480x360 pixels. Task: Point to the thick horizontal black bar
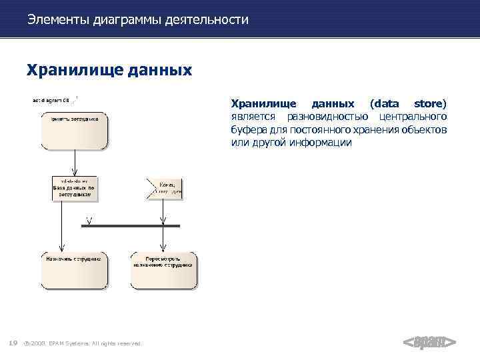[130, 226]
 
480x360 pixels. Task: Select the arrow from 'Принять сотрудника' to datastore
[75, 162]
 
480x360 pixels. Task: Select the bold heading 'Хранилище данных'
[109, 69]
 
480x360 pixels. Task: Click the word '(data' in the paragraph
[385, 104]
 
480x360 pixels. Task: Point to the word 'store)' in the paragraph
[430, 104]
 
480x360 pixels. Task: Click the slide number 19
[13, 343]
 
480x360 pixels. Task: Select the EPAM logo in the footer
[429, 342]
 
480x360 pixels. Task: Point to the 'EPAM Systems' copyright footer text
[87, 343]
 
